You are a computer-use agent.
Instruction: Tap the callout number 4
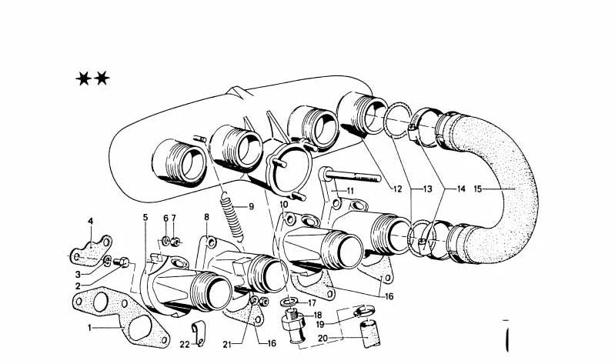tap(90, 222)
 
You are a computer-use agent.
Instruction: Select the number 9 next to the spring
tap(249, 206)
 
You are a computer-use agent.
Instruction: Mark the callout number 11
tap(349, 190)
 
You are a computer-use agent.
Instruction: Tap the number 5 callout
tap(144, 218)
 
